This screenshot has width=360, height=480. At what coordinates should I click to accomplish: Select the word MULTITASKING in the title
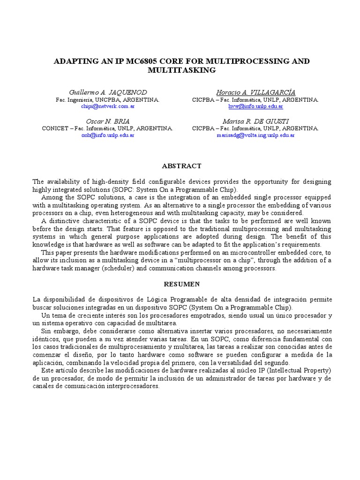click(x=181, y=70)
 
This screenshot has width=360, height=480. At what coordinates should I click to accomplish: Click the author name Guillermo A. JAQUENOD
click(x=107, y=92)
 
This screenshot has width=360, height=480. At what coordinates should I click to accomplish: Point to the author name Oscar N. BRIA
click(x=107, y=121)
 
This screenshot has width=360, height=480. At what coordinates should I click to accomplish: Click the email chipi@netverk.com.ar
click(x=107, y=107)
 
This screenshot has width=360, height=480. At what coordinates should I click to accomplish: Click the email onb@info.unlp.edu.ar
click(x=107, y=135)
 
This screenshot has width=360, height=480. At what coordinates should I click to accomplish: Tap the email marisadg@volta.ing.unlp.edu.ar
click(x=255, y=135)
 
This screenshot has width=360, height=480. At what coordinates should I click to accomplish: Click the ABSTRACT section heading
click(x=181, y=166)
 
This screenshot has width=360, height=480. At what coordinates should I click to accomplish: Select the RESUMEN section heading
click(x=181, y=284)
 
